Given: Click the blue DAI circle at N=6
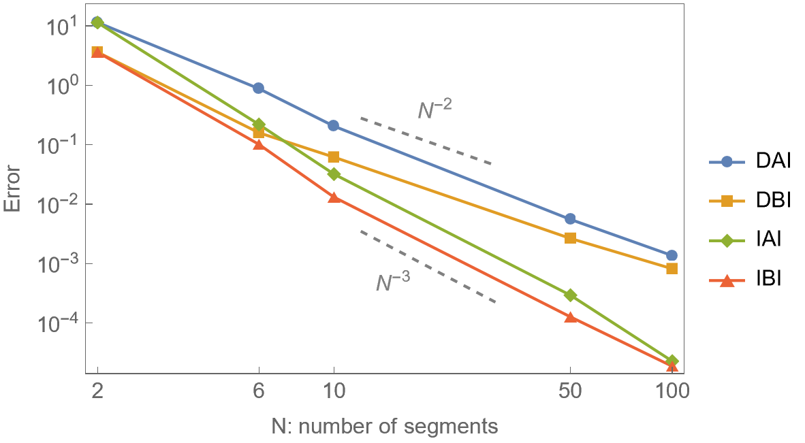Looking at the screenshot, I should tap(259, 88).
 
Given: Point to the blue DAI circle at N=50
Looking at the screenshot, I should tap(570, 218).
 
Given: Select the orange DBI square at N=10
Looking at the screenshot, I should tap(334, 157).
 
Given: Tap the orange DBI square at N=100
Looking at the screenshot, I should tap(672, 268).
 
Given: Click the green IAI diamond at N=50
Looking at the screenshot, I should tap(570, 295).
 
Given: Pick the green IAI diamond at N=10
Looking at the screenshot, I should tap(334, 174).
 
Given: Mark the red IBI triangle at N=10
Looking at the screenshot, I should tap(334, 197).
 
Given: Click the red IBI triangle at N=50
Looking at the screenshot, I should tap(570, 317).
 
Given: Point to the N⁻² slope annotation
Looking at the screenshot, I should tap(435, 109).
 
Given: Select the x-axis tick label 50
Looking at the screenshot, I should tap(570, 392).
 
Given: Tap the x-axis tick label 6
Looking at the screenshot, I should tap(259, 392).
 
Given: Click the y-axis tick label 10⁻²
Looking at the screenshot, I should tap(60, 205).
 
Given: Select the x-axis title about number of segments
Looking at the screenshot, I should tap(385, 427).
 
